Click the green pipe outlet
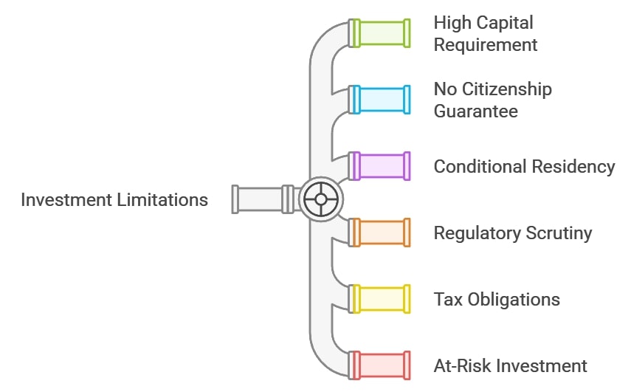(x=381, y=33)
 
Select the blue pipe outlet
(x=381, y=100)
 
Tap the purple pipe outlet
(x=381, y=166)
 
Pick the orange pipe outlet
(x=381, y=233)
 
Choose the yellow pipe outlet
(x=381, y=299)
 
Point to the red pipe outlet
(x=381, y=365)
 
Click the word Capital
(x=506, y=23)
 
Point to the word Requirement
(x=486, y=45)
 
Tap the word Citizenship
(x=507, y=89)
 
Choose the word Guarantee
(x=475, y=111)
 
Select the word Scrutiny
(x=559, y=233)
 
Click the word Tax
(x=446, y=299)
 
